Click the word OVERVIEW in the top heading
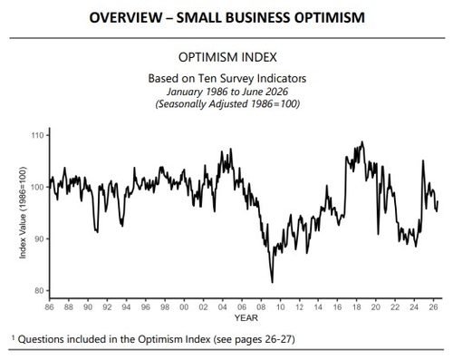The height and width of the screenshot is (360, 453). [x=126, y=17]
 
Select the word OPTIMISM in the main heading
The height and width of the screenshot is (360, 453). [x=330, y=17]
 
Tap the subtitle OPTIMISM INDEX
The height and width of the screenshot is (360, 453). [x=227, y=57]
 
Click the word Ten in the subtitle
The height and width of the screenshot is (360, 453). [x=207, y=79]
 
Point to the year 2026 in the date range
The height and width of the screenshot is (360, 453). [x=277, y=92]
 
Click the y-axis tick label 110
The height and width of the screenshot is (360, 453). [x=37, y=135]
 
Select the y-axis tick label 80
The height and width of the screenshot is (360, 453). [x=39, y=290]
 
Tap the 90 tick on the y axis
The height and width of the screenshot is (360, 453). [x=39, y=238]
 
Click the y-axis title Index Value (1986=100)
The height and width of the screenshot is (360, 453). [x=23, y=212]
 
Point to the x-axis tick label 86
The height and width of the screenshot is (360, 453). [x=49, y=307]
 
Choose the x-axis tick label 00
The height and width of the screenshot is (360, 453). [x=184, y=307]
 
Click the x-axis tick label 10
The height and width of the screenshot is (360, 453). [x=280, y=307]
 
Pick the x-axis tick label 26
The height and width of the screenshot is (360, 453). [x=434, y=307]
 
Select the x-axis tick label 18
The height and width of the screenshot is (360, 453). [x=357, y=307]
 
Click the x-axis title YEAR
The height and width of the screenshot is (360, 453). [x=246, y=318]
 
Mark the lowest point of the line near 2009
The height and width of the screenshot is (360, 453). [x=273, y=283]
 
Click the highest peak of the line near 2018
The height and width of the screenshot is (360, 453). [x=362, y=141]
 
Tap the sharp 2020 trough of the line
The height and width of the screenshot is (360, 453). [x=378, y=234]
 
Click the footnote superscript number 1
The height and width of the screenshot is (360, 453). [x=13, y=336]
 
